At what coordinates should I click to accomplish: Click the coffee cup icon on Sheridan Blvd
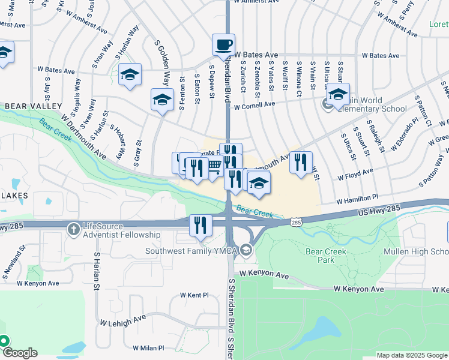(x=223, y=44)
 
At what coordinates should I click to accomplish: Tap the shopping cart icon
(x=214, y=169)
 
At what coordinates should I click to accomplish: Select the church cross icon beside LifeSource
(x=73, y=229)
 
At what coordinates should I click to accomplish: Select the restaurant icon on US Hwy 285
(x=200, y=225)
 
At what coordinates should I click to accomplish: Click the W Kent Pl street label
(x=194, y=296)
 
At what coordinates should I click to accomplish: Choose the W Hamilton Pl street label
(x=357, y=198)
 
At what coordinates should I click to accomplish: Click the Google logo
(x=19, y=353)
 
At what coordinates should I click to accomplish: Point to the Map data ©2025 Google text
(x=412, y=355)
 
